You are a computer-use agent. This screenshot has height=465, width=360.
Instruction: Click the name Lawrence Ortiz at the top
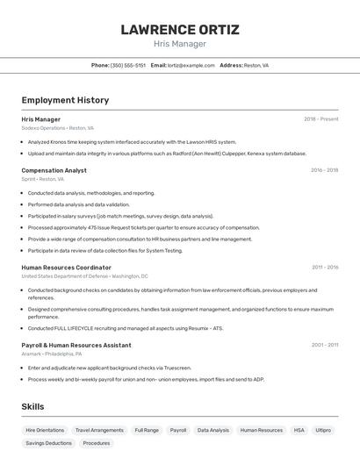pyautogui.click(x=179, y=30)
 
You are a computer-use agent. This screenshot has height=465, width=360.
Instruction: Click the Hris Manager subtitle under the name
pyautogui.click(x=179, y=44)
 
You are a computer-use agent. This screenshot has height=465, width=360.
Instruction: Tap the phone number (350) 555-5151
pyautogui.click(x=128, y=65)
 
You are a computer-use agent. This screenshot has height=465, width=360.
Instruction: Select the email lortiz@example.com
pyautogui.click(x=191, y=65)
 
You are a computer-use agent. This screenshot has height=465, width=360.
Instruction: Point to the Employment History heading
pyautogui.click(x=65, y=100)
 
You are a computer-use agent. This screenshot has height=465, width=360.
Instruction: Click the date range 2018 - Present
pyautogui.click(x=320, y=119)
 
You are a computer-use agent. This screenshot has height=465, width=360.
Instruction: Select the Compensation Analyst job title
pyautogui.click(x=54, y=170)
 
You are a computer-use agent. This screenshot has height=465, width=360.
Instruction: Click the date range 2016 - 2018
pyautogui.click(x=324, y=170)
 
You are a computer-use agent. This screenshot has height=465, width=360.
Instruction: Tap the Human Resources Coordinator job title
pyautogui.click(x=66, y=268)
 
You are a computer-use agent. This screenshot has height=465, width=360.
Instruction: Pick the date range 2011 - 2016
pyautogui.click(x=325, y=268)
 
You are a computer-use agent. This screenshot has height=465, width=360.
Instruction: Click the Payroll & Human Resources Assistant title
pyautogui.click(x=76, y=346)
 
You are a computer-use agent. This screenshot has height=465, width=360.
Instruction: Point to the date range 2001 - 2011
pyautogui.click(x=325, y=346)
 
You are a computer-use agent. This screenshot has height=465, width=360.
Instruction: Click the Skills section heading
pyautogui.click(x=32, y=407)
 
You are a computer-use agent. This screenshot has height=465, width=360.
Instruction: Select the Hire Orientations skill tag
pyautogui.click(x=45, y=431)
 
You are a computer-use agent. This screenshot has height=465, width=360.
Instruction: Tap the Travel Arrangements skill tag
pyautogui.click(x=99, y=431)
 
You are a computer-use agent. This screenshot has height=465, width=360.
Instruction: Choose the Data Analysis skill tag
pyautogui.click(x=212, y=431)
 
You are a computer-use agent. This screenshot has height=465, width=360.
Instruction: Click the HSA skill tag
pyautogui.click(x=299, y=431)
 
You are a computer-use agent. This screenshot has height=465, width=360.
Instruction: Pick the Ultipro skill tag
pyautogui.click(x=323, y=431)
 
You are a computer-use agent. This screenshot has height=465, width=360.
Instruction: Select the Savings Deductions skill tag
pyautogui.click(x=48, y=443)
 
